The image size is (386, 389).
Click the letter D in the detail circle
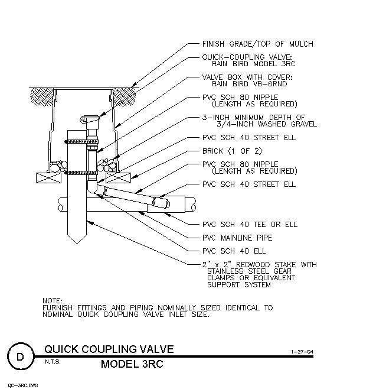point(20,356)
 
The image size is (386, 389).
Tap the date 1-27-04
point(302,352)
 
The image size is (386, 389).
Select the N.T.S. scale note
point(53,362)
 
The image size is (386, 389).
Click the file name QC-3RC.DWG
point(23,385)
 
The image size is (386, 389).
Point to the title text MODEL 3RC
point(132,364)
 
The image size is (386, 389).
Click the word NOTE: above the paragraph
point(53,301)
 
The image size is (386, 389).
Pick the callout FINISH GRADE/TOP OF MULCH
point(258,44)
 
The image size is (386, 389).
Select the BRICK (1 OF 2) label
point(232,151)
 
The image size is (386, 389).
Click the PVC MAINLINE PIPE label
point(237,238)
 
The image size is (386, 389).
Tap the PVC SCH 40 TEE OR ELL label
point(250,224)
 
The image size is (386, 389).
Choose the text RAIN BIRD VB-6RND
point(250,84)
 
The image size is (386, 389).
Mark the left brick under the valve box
point(49,178)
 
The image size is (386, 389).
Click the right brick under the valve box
point(118,178)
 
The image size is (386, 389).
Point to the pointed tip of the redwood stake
point(77,244)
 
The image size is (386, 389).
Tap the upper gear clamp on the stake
point(81,142)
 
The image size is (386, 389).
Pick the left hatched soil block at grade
point(42,97)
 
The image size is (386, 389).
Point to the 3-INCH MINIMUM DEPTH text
point(253,117)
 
